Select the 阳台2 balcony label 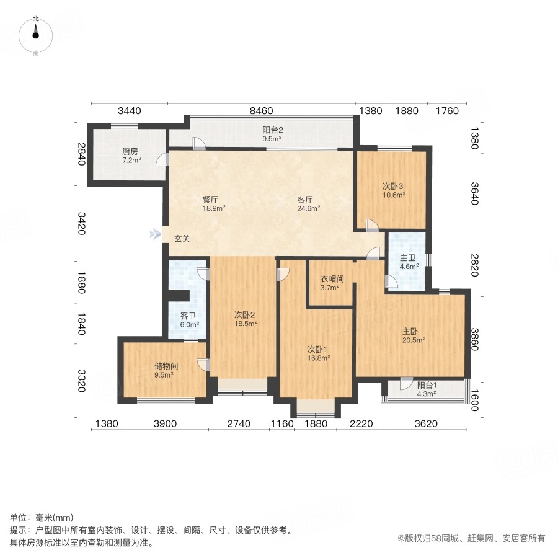coord(272,134)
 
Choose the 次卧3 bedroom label coord(392,190)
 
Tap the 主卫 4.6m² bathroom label coord(409,262)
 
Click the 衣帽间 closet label coord(332,283)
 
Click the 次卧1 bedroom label coord(319,353)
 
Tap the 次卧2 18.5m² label coord(245,318)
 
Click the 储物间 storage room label coord(164,370)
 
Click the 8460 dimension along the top coord(262,112)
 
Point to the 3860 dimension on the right coord(476,340)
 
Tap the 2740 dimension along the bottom coord(239,424)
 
